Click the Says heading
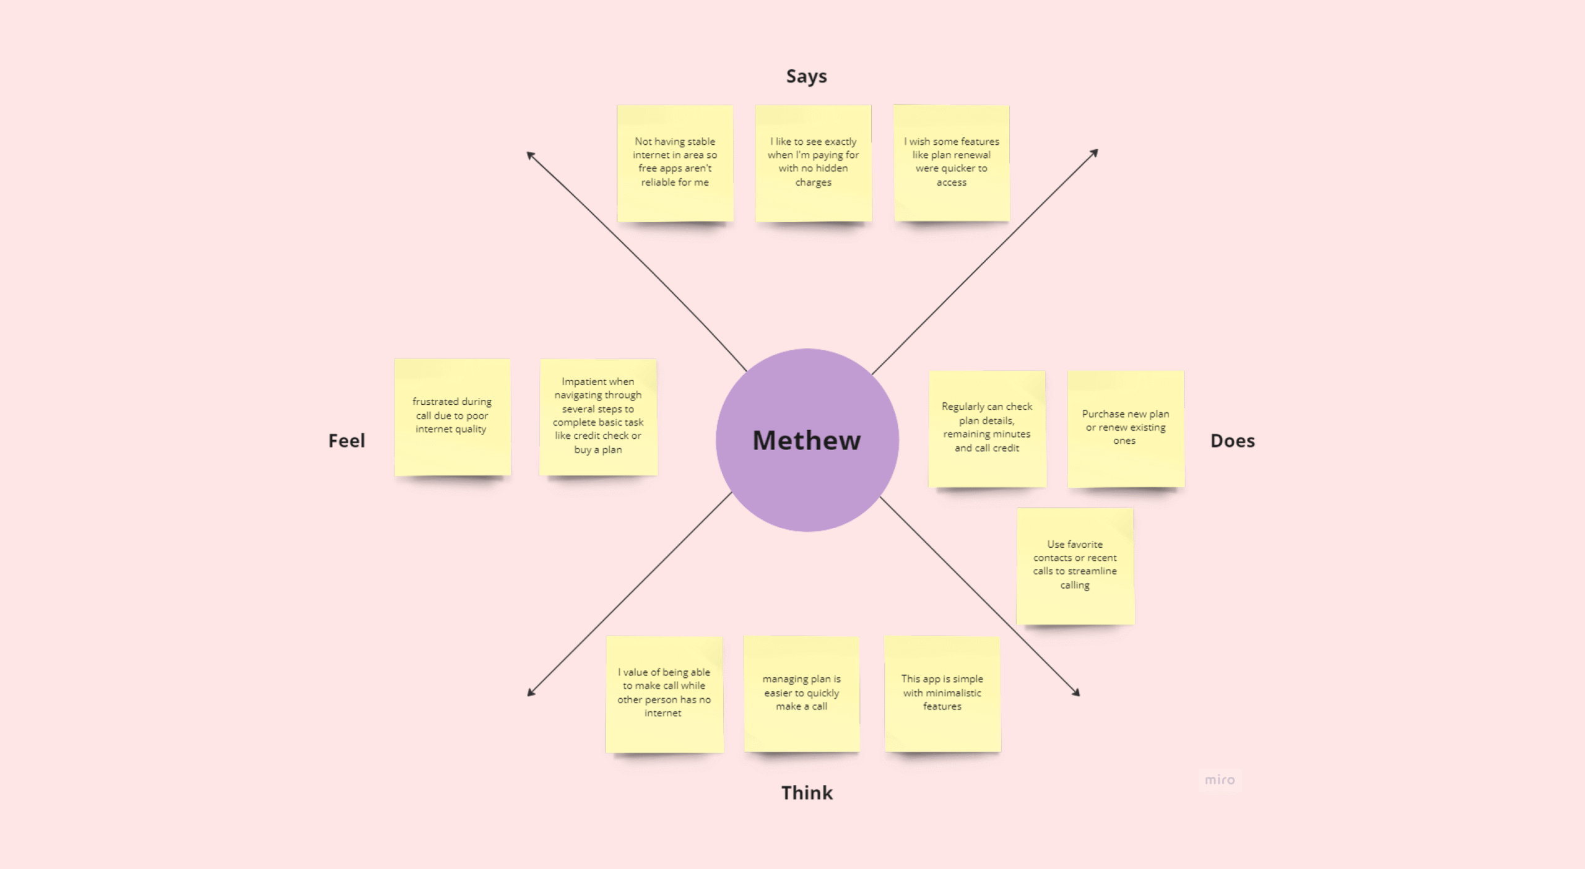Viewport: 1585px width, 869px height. pos(806,76)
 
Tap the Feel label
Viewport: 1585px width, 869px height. pos(347,441)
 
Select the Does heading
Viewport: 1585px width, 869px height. pos(1232,441)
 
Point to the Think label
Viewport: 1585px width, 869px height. pos(807,792)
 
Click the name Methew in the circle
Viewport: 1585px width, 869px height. pos(807,440)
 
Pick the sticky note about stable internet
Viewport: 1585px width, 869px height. pos(675,163)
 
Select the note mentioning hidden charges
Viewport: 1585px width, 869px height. pos(814,163)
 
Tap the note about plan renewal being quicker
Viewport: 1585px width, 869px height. pos(952,163)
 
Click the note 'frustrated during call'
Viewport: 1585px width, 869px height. pos(453,417)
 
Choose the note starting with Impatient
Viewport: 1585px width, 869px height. pos(598,417)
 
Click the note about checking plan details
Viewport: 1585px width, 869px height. pos(987,429)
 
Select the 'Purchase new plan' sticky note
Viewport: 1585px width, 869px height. pos(1126,429)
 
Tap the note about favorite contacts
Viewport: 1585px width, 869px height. pos(1075,566)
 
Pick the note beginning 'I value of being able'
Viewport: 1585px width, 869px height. pos(664,694)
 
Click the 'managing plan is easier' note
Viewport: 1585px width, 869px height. pos(802,694)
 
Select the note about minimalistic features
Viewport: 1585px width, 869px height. pos(942,694)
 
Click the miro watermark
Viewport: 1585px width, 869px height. pos(1219,780)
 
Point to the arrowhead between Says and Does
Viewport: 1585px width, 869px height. pos(1095,152)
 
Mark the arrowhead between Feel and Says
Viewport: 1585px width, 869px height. pos(530,155)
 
